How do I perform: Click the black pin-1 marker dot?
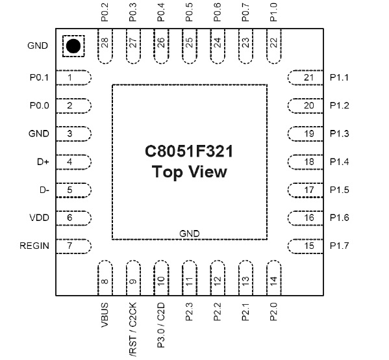click(x=72, y=46)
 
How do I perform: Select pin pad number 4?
click(x=73, y=162)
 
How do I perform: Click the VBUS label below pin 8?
click(x=105, y=313)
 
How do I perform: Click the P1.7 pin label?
click(x=339, y=246)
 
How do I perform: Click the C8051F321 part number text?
click(x=189, y=151)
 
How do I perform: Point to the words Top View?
click(x=189, y=172)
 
